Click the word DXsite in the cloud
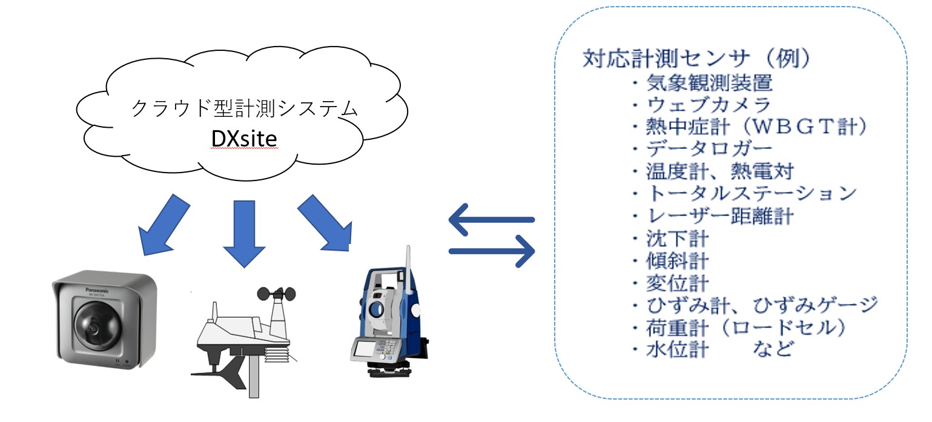coord(244,139)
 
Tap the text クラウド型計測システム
coord(245,108)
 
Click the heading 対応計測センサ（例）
coord(698,58)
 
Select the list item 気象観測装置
coord(709,82)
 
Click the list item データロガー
coord(709,149)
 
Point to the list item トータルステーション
coord(751,193)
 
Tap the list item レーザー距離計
coord(720,216)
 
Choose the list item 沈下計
coord(678,239)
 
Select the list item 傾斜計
coord(678,261)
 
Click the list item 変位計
coord(678,283)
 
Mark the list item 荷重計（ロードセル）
coord(745,328)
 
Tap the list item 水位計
coord(678,349)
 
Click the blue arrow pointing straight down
coord(244,234)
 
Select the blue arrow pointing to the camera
coord(164,225)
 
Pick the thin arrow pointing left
coord(491,220)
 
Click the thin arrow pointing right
coord(492,251)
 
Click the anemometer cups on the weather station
coord(276,294)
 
